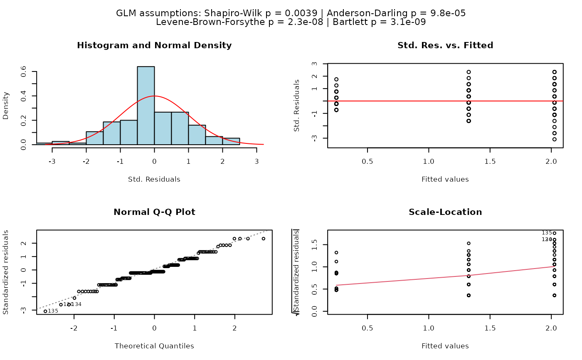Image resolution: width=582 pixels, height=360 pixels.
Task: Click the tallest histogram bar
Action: point(146,106)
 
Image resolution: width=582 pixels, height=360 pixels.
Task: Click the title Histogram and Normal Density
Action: point(154,46)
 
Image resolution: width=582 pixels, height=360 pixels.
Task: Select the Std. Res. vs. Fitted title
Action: point(445,46)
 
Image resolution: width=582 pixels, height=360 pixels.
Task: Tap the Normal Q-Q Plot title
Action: point(154,212)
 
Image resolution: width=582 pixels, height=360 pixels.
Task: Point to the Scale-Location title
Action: point(445,212)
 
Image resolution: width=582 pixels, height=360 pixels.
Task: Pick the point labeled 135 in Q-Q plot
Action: point(45,311)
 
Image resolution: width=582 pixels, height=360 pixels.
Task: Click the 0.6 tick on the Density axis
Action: point(24,72)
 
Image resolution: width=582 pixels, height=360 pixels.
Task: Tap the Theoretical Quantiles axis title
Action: point(154,346)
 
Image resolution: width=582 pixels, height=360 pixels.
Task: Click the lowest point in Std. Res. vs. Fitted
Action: point(555,139)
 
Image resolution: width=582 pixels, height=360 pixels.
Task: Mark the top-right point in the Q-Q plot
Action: point(263,239)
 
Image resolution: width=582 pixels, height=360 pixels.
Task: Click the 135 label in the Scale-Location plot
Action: point(547,233)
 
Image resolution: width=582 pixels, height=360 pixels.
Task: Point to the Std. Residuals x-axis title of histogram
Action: point(154,180)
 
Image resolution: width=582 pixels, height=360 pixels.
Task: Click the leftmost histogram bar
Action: point(44,143)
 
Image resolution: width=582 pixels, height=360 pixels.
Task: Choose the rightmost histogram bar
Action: point(231,141)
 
